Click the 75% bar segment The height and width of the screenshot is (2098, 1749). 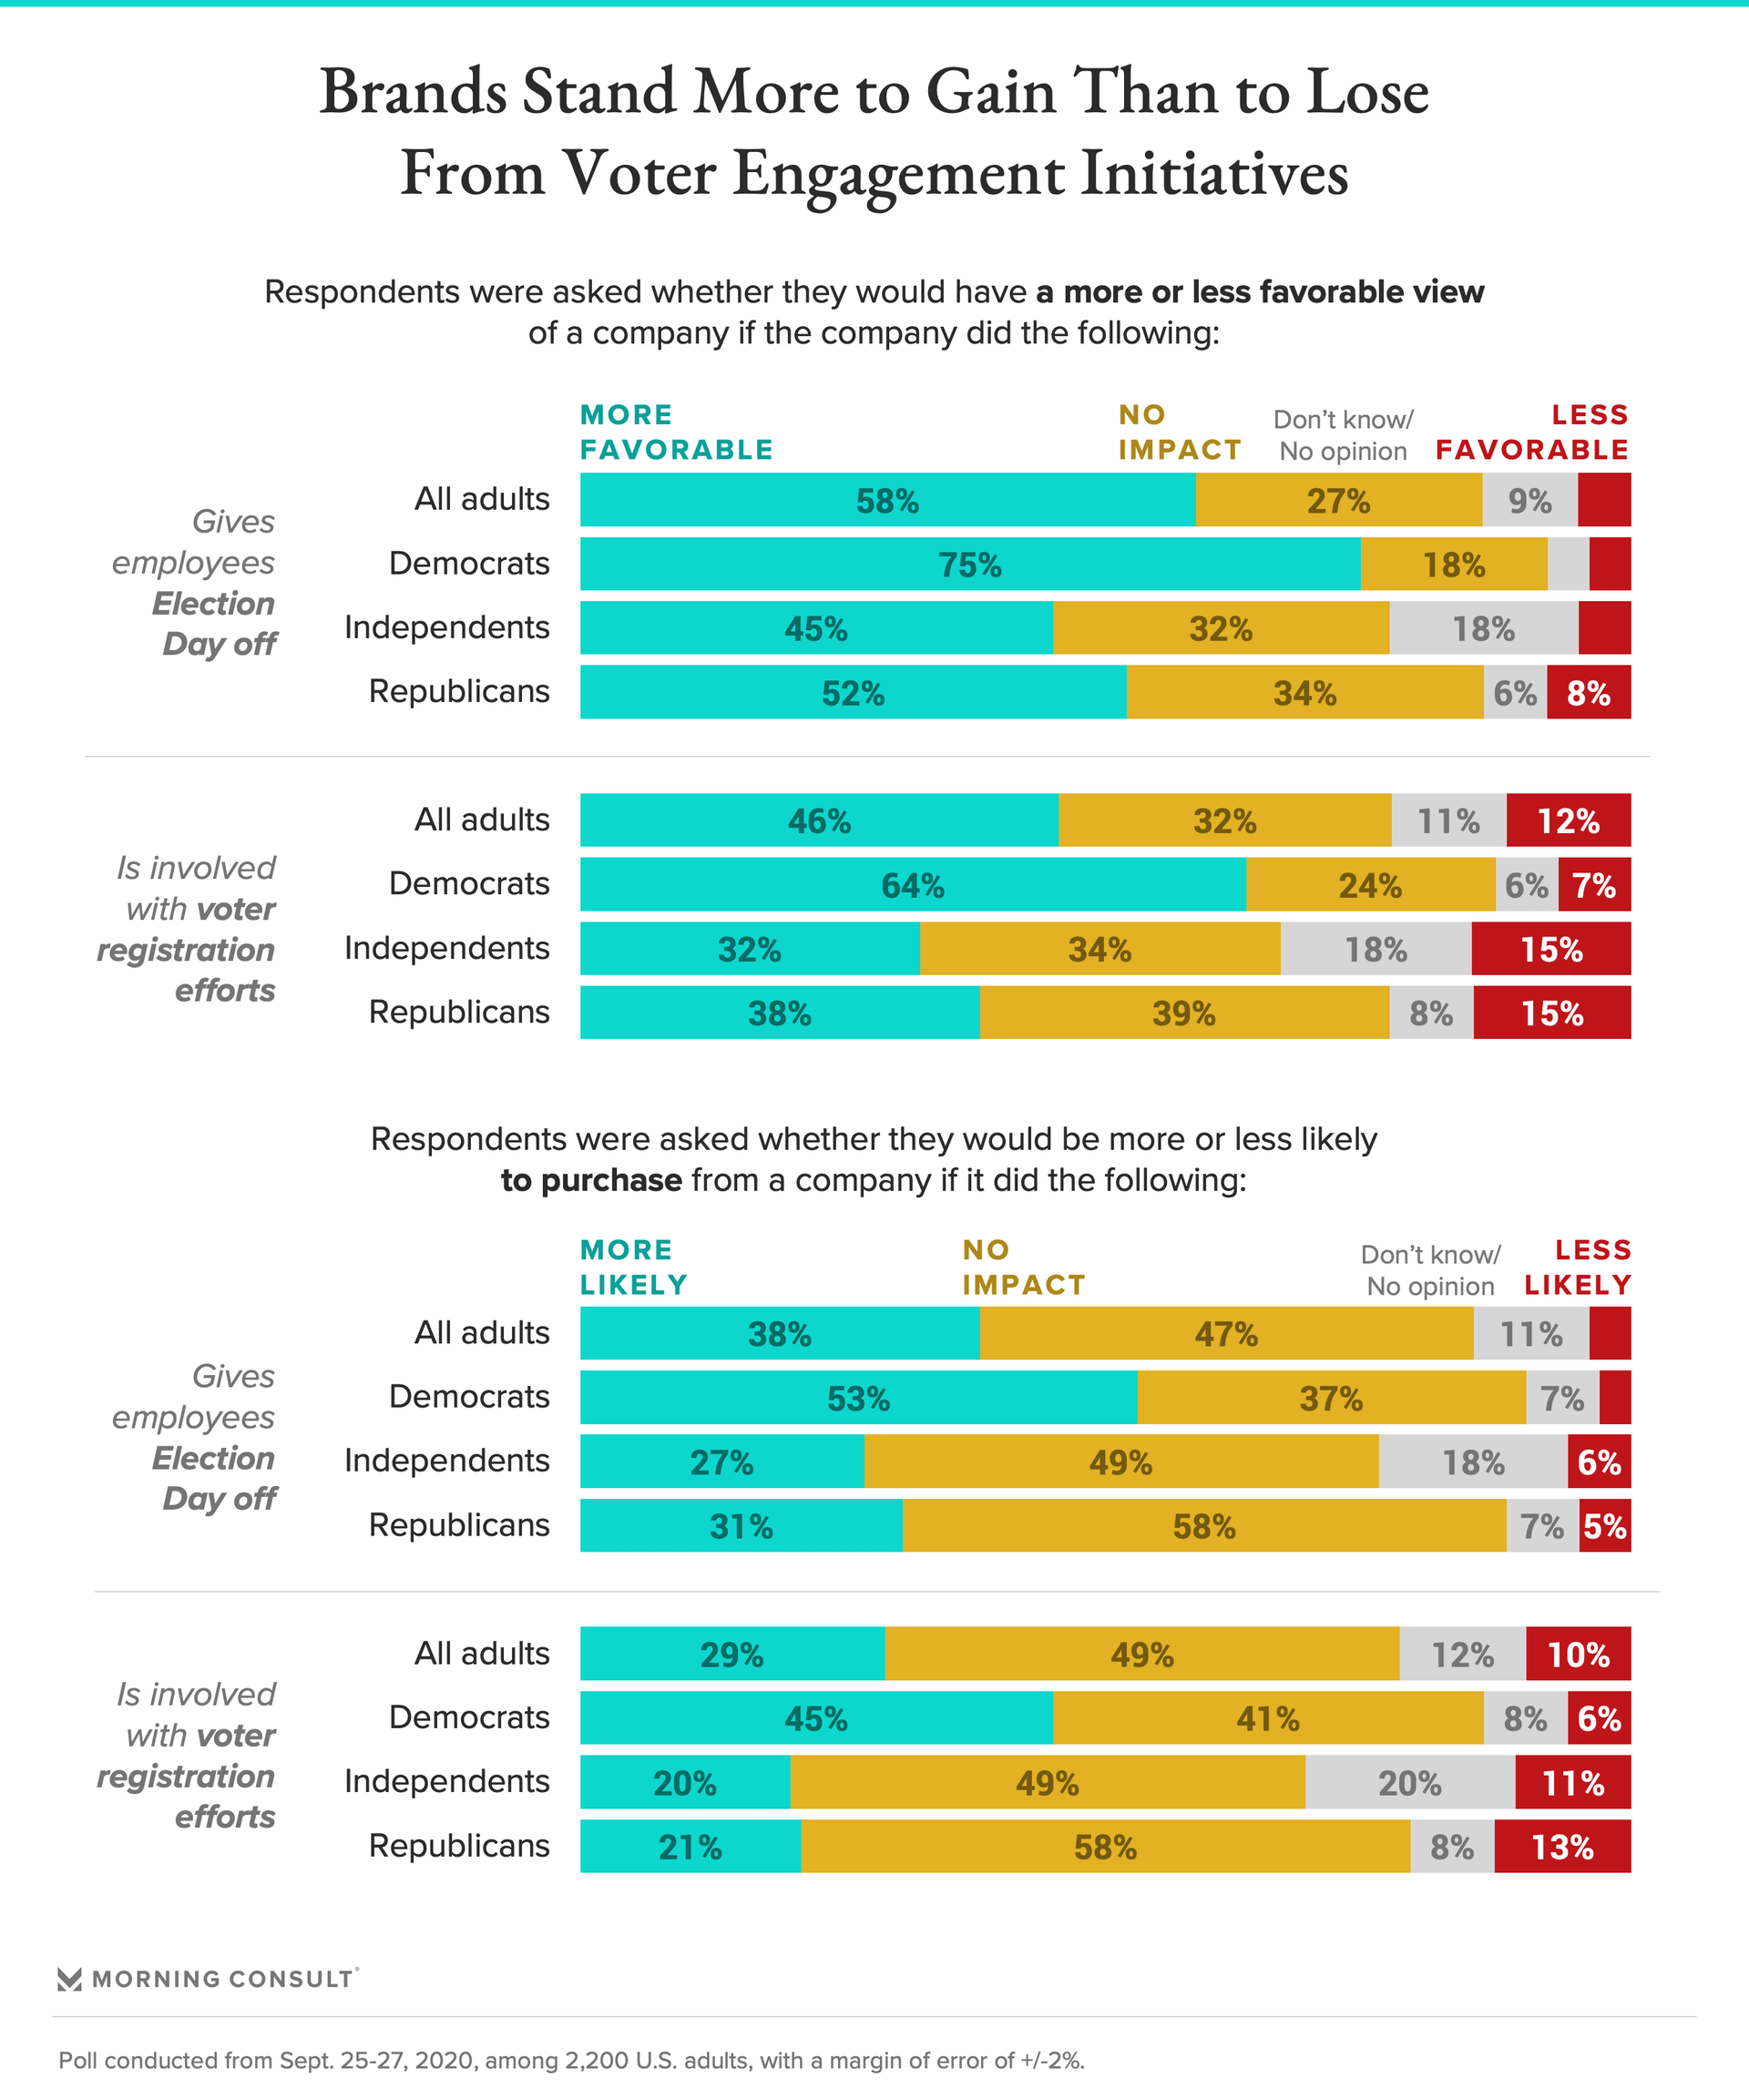pyautogui.click(x=969, y=565)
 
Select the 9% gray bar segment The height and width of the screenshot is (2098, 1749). pyautogui.click(x=1529, y=501)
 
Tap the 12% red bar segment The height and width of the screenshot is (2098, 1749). pyautogui.click(x=1568, y=821)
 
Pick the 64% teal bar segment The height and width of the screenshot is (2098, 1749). pyautogui.click(x=913, y=885)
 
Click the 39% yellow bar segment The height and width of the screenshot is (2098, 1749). pyautogui.click(x=1184, y=1013)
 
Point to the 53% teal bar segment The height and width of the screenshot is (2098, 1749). pyautogui.click(x=857, y=1398)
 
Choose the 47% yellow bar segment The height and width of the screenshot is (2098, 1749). pyautogui.click(x=1226, y=1334)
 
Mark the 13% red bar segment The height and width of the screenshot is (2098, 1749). pyautogui.click(x=1562, y=1848)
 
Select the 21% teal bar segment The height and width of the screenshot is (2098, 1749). pyautogui.click(x=690, y=1848)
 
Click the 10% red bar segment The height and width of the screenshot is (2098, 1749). pyautogui.click(x=1578, y=1655)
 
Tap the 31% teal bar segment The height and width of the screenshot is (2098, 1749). pyautogui.click(x=741, y=1526)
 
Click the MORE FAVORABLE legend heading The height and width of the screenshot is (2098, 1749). pyautogui.click(x=677, y=433)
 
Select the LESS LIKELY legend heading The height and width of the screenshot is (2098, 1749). pyautogui.click(x=1578, y=1268)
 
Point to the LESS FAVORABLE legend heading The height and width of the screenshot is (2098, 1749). pyautogui.click(x=1532, y=433)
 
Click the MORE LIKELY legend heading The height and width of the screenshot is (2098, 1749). pyautogui.click(x=634, y=1268)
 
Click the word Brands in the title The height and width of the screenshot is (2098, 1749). pyautogui.click(x=414, y=92)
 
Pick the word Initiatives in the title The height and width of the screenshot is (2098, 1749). pyautogui.click(x=1214, y=174)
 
